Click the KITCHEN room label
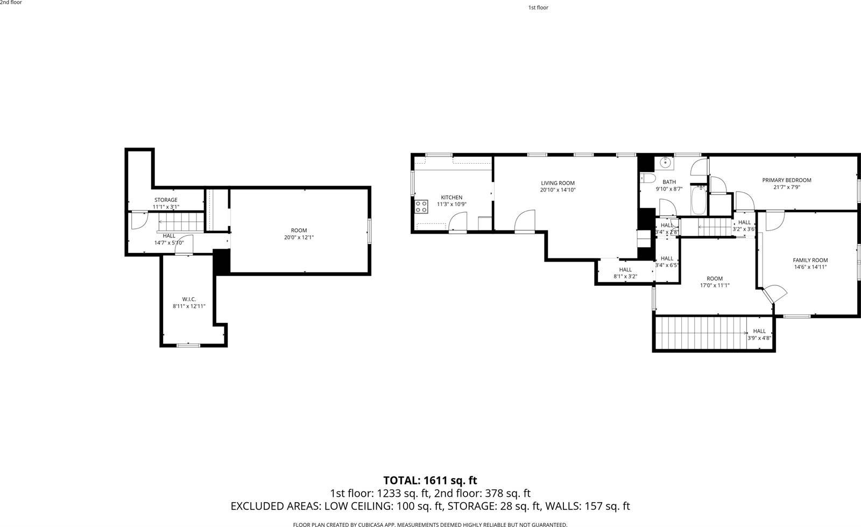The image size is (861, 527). pos(451,198)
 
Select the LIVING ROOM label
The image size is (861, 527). pos(557,183)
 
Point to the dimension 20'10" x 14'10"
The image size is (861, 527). pos(557,190)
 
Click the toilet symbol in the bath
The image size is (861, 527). pos(647,179)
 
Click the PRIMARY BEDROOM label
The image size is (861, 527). pos(786,180)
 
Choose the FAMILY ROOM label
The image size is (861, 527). pos(810,260)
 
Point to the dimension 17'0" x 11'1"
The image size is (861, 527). pos(715,286)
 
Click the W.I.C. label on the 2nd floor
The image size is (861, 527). pos(188,299)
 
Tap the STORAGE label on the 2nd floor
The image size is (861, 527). pos(166,200)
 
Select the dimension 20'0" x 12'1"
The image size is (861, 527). pos(299,237)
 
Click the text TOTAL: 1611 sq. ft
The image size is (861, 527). pos(430,480)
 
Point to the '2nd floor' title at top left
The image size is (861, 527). pos(11,3)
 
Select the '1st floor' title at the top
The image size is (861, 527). pos(538,8)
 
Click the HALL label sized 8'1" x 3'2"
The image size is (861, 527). pos(625,270)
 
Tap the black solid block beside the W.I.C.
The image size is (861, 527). pos(221,262)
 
